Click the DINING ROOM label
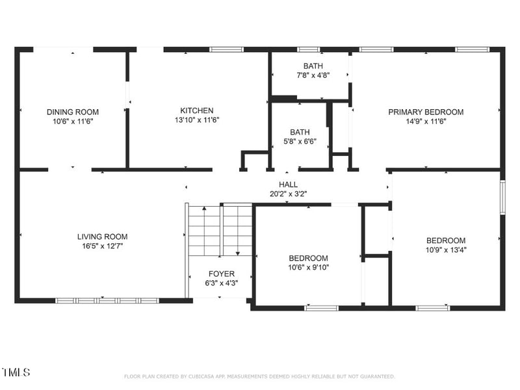73,112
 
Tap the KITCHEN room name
197,110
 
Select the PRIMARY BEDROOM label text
426,112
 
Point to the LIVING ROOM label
103,237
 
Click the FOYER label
222,274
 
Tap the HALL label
288,185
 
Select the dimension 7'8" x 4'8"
313,75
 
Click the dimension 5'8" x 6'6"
300,142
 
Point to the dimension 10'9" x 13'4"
446,250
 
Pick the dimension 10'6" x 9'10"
308,267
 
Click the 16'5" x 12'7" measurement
103,246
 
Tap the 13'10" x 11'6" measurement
197,120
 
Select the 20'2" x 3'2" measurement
288,194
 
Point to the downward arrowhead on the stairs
238,253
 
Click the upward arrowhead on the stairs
204,208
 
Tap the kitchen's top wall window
226,50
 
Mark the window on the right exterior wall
502,197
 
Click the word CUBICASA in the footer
202,376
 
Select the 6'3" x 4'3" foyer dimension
222,283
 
